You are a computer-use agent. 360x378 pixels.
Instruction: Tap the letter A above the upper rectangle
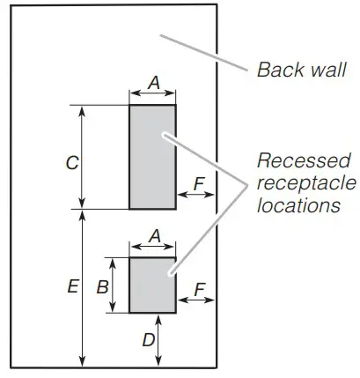(153, 82)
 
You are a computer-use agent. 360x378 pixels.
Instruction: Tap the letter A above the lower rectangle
(153, 235)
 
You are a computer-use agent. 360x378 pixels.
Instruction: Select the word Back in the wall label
(276, 69)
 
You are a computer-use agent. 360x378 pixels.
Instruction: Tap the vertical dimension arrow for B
(113, 300)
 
